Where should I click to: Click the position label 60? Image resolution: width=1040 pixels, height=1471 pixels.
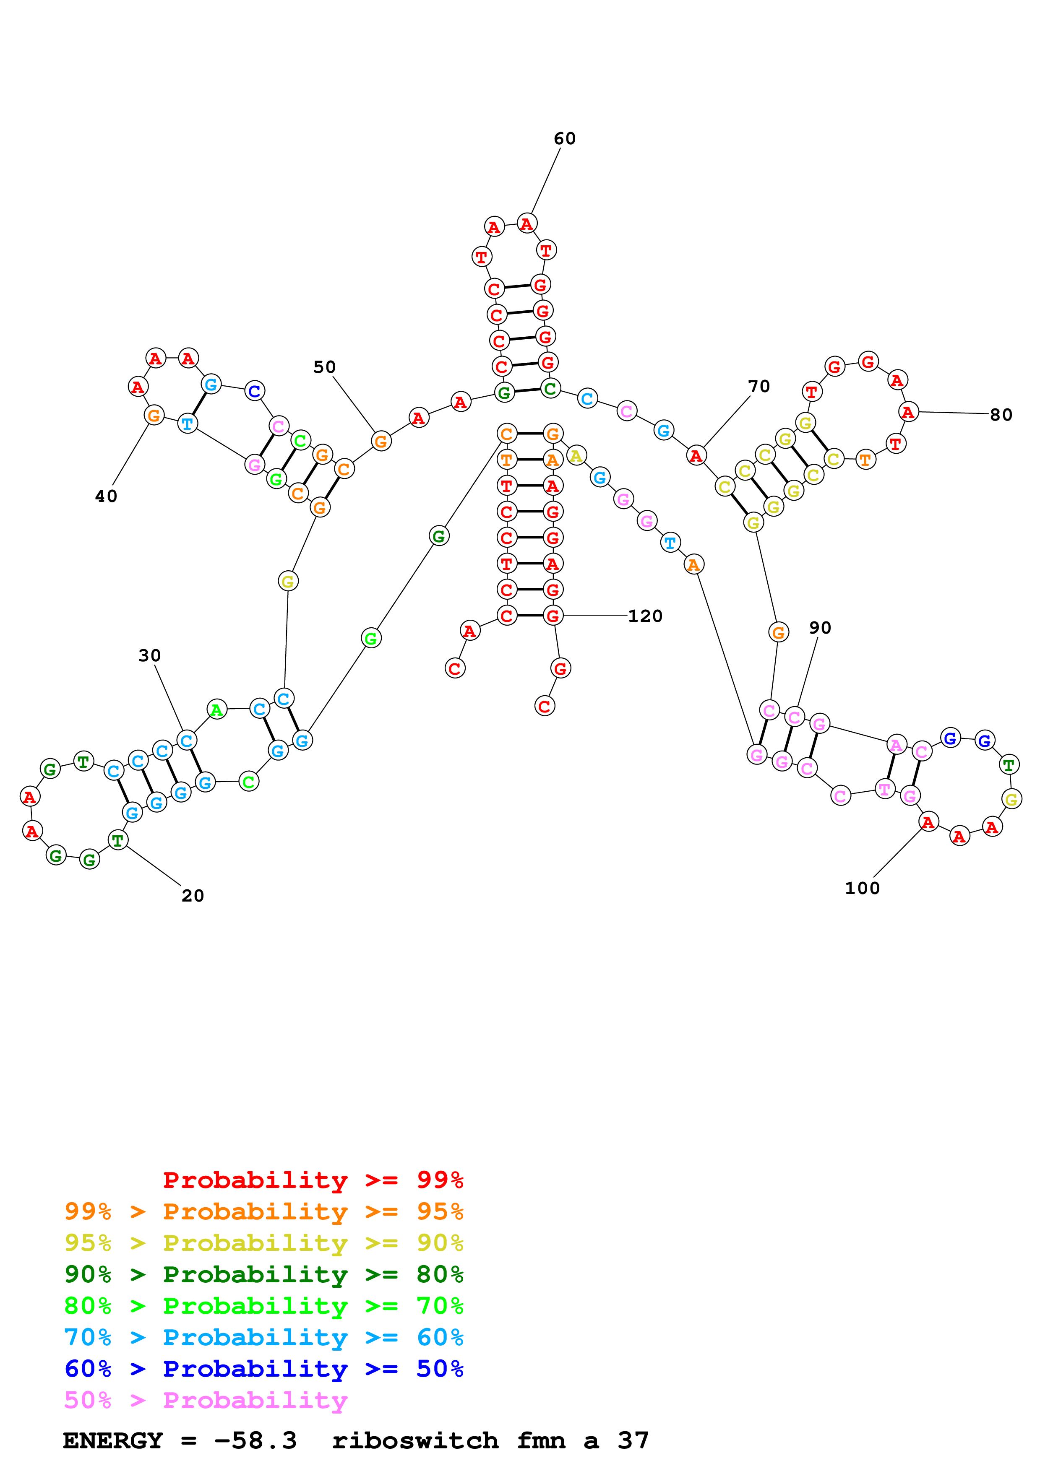pyautogui.click(x=565, y=138)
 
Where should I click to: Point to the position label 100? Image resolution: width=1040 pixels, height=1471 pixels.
pyautogui.click(x=862, y=888)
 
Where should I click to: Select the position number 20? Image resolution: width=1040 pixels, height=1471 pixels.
pyautogui.click(x=192, y=896)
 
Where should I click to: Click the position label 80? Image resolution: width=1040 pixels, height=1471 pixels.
pyautogui.click(x=1001, y=415)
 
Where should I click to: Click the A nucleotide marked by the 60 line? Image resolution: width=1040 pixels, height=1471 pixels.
pyautogui.click(x=527, y=224)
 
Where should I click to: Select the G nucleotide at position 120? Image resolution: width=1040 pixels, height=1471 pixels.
pyautogui.click(x=553, y=616)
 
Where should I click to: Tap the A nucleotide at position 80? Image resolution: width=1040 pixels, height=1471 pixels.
pyautogui.click(x=908, y=412)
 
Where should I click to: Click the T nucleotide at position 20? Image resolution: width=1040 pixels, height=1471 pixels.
pyautogui.click(x=117, y=840)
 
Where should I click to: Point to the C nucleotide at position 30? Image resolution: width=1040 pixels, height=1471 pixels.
pyautogui.click(x=186, y=741)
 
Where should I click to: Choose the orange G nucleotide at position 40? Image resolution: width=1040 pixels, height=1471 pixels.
pyautogui.click(x=154, y=415)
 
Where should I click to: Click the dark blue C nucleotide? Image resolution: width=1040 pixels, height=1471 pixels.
pyautogui.click(x=254, y=391)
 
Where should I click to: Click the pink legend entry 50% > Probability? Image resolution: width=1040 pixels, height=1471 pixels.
pyautogui.click(x=206, y=1400)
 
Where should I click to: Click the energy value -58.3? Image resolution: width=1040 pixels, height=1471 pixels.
pyautogui.click(x=255, y=1440)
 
